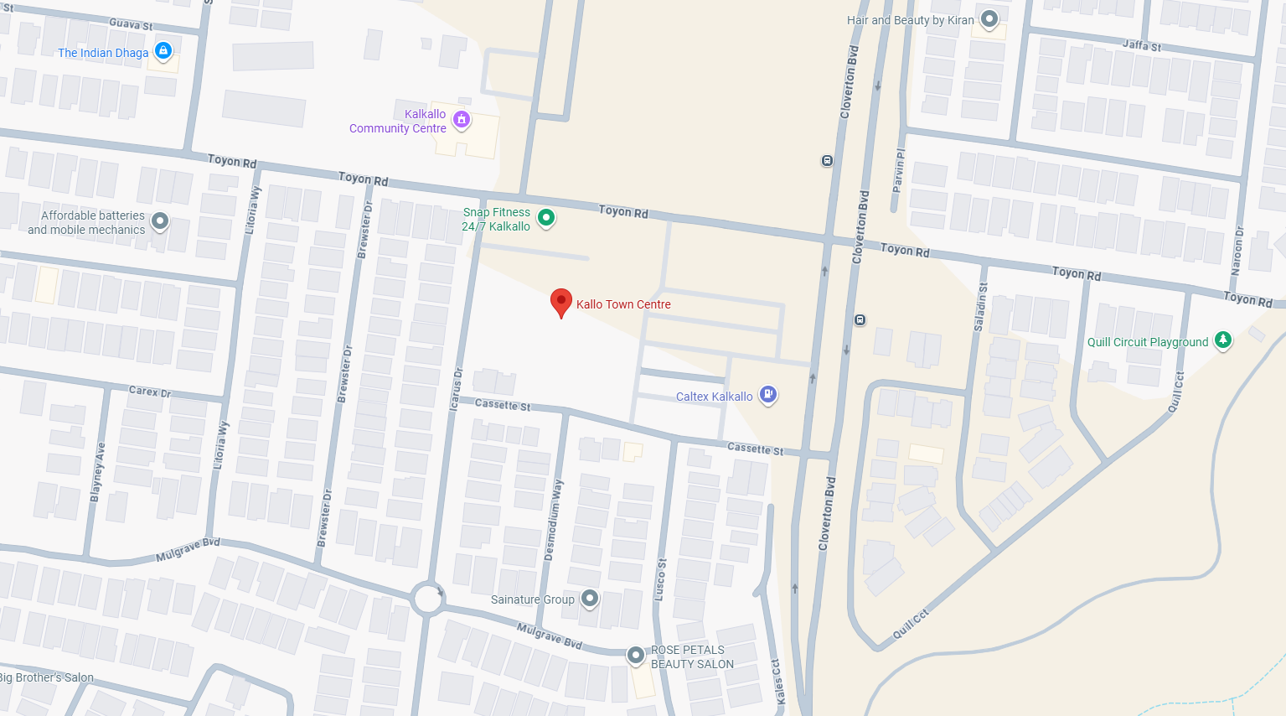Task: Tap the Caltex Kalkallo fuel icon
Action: [767, 395]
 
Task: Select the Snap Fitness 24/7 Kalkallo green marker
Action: [546, 218]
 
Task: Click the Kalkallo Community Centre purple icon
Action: [461, 120]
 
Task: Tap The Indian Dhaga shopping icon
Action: [163, 52]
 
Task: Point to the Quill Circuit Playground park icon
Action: [1223, 340]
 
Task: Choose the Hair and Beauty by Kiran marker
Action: [989, 18]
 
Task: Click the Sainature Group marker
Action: [590, 598]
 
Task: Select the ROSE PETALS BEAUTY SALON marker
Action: [636, 655]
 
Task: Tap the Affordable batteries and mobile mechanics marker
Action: [160, 221]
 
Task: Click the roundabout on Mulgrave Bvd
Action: [427, 599]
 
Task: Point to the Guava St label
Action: [131, 24]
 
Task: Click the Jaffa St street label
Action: [1142, 44]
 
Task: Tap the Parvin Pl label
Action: [899, 171]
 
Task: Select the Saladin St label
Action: [981, 307]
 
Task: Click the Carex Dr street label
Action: [150, 392]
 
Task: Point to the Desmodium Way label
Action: [554, 520]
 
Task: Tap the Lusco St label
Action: [660, 579]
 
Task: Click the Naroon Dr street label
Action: [1237, 251]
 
